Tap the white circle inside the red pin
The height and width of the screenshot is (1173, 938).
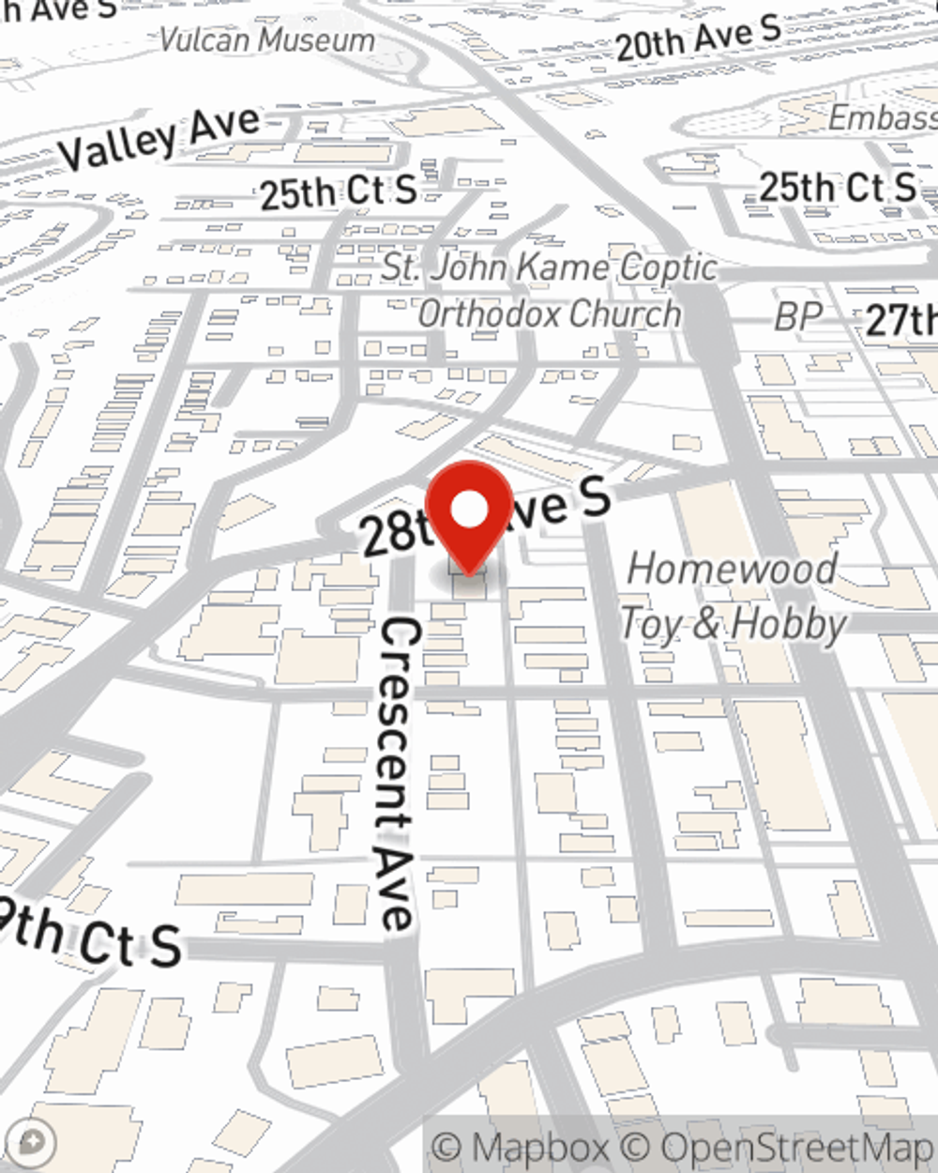click(470, 510)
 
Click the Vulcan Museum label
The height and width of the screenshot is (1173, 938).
click(267, 40)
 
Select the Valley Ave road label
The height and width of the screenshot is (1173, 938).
click(159, 138)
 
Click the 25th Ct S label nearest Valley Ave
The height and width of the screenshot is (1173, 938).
click(338, 191)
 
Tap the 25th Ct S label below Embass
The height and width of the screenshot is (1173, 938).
click(838, 187)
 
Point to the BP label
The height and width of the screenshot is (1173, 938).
click(798, 317)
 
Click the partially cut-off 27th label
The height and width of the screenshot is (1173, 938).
click(901, 320)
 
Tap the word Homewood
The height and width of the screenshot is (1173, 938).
click(732, 569)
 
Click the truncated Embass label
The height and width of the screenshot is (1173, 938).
click(882, 118)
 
